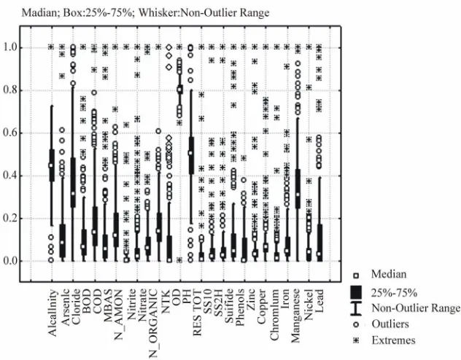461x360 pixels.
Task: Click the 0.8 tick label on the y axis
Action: [11, 90]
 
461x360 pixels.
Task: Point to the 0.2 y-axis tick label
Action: [11, 218]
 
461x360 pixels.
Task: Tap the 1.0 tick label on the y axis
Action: [11, 47]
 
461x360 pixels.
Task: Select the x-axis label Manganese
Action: [295, 316]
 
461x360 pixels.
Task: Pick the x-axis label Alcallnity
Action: [52, 313]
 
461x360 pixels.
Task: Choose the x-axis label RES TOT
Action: [197, 313]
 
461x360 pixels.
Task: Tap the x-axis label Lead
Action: [319, 301]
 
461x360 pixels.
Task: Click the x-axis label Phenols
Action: [240, 308]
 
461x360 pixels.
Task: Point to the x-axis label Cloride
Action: [76, 307]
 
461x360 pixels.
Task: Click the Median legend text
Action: [389, 274]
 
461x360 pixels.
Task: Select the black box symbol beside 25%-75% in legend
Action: [356, 292]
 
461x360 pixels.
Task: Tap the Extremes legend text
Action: [393, 340]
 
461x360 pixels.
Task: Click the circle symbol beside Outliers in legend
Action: [356, 324]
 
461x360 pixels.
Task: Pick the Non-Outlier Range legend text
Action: [416, 308]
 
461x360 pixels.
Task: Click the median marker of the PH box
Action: [190, 153]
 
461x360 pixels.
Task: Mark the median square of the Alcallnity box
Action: [51, 165]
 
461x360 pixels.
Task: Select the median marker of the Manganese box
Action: [298, 195]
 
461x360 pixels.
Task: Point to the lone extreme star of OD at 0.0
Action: [179, 260]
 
